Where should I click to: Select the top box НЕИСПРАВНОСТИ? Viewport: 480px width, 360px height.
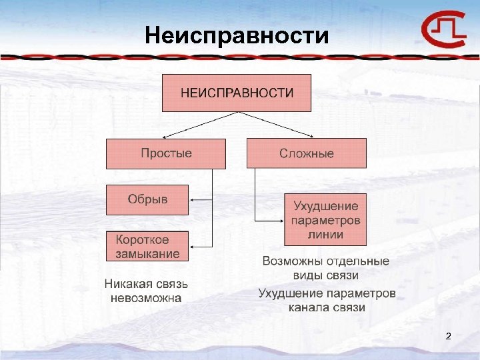237,93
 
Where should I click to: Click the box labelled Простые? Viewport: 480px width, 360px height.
166,153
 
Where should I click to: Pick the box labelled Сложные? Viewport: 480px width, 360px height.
307,153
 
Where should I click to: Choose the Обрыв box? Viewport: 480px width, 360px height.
147,199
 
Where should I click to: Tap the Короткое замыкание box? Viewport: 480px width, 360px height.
147,246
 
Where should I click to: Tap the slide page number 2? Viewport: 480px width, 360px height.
448,335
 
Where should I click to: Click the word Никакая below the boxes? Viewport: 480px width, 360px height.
125,285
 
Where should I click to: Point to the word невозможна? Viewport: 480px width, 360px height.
146,298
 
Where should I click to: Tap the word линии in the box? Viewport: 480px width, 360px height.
326,234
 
